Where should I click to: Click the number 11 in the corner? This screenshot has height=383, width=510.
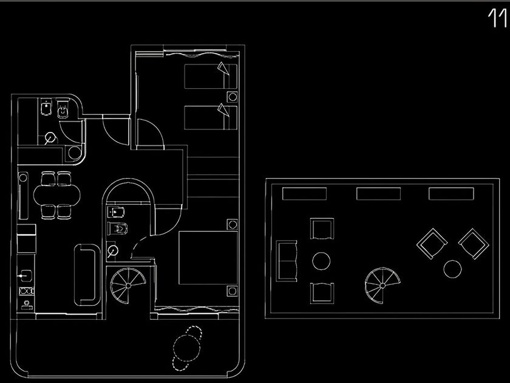[497, 19]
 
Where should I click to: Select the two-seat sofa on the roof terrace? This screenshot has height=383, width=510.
[287, 260]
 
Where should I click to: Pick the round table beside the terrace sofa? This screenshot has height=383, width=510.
[321, 261]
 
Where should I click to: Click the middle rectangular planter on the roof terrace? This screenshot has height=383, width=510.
[378, 194]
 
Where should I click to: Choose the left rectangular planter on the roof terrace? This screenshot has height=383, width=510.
[305, 194]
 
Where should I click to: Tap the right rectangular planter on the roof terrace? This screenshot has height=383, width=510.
[451, 194]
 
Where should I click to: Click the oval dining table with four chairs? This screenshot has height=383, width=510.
[56, 195]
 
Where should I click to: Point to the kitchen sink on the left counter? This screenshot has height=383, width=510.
[26, 275]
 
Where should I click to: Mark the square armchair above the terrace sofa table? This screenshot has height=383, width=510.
[321, 230]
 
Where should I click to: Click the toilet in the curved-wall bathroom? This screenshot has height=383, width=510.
[118, 230]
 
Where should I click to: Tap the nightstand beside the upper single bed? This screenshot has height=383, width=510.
[232, 96]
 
